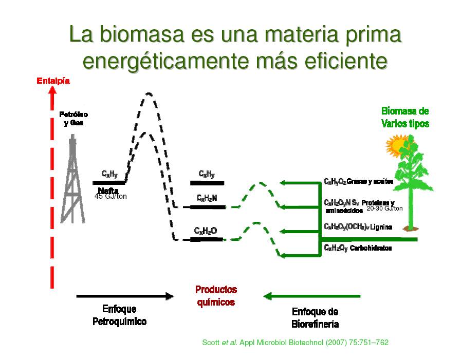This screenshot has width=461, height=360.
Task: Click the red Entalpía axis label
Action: [x=53, y=81]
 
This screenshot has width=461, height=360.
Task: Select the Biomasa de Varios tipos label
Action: [x=405, y=117]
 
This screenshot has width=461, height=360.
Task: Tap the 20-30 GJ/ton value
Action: [x=384, y=209]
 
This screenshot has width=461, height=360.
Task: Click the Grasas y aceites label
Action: [x=370, y=181]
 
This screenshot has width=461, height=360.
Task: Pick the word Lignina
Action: [x=381, y=227]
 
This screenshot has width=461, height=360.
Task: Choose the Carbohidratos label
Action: [x=371, y=248]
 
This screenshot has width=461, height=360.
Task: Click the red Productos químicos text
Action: [x=216, y=296]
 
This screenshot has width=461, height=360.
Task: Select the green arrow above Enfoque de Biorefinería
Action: [x=311, y=296]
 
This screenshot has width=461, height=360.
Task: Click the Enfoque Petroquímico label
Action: [x=119, y=315]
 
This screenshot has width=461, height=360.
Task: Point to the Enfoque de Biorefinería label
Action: [x=315, y=318]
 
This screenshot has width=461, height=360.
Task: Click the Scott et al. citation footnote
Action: [x=295, y=342]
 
